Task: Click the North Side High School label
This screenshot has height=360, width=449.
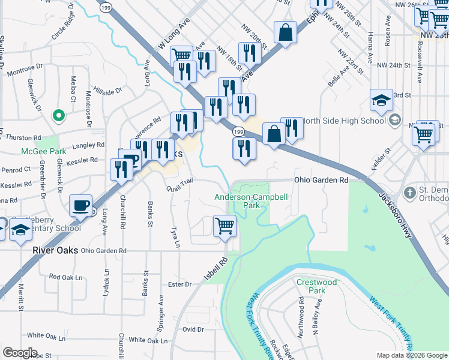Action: tap(343, 121)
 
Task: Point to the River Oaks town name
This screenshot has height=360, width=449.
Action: tap(55, 250)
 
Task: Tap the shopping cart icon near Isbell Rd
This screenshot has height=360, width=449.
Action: tap(224, 227)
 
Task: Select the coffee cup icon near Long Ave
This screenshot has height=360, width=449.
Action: tap(80, 206)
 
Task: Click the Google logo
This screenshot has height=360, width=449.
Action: tap(20, 353)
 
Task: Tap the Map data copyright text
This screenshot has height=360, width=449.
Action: tap(412, 355)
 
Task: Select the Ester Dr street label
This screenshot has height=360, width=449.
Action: tap(179, 284)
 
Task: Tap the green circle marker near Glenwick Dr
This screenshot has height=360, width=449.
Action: tap(58, 114)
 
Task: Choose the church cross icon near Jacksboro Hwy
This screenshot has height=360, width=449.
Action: tap(410, 193)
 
